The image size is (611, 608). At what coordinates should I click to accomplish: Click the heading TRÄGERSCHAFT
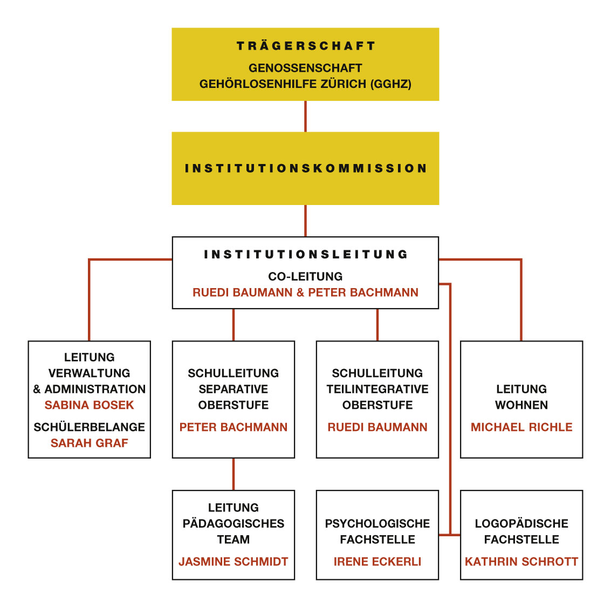305,46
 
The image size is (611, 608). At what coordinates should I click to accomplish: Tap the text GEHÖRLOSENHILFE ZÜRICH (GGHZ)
305,84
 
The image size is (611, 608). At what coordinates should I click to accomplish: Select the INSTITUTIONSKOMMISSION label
305,168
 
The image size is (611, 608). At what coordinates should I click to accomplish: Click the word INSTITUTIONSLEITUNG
305,255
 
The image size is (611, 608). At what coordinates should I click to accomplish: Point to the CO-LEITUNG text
305,276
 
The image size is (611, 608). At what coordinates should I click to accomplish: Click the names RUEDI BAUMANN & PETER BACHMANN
305,292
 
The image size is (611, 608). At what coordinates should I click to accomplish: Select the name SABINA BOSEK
89,405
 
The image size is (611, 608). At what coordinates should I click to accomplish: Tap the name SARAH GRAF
89,443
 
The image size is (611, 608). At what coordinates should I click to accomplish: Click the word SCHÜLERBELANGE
89,427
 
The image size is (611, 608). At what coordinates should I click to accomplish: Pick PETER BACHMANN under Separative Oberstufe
233,427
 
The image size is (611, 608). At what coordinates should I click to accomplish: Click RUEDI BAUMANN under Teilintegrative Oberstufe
377,427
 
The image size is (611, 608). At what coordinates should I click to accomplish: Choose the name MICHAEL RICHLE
521,427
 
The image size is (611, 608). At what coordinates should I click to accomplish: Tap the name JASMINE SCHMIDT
233,562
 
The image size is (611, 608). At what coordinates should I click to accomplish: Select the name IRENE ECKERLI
377,562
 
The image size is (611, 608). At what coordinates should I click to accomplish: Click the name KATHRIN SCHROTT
521,562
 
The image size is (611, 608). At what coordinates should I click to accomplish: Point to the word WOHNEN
521,405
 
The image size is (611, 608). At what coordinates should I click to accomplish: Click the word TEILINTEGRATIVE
377,389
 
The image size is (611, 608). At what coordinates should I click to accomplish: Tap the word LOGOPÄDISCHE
521,523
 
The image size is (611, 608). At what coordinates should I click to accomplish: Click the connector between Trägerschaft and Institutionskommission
305,116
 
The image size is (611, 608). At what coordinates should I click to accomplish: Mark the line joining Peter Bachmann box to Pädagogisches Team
233,474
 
